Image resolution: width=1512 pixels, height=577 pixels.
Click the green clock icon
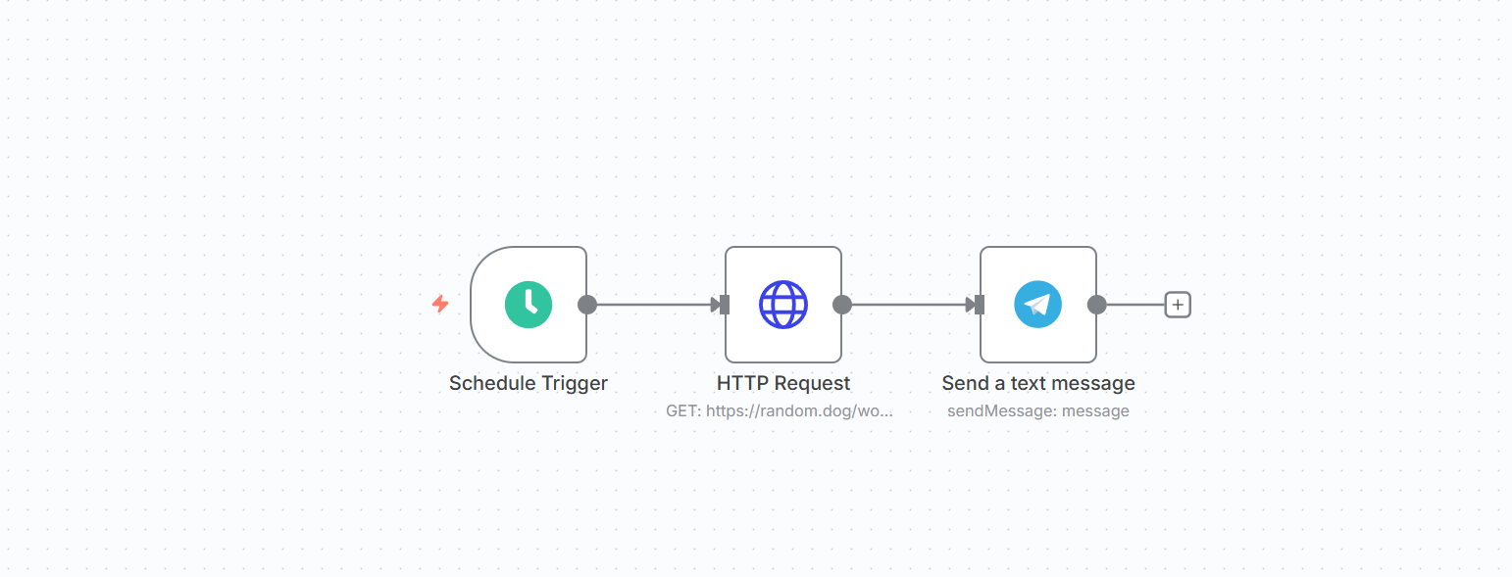pyautogui.click(x=529, y=305)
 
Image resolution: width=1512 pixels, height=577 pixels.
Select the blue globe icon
pyautogui.click(x=783, y=305)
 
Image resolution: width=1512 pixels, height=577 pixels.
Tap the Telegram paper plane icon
pyautogui.click(x=1038, y=305)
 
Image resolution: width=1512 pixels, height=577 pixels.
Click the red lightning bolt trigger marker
pyautogui.click(x=440, y=304)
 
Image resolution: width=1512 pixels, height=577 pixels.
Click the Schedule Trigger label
pyautogui.click(x=529, y=383)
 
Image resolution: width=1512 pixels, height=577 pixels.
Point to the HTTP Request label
pyautogui.click(x=783, y=383)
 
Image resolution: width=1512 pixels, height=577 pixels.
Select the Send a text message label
pyautogui.click(x=1038, y=383)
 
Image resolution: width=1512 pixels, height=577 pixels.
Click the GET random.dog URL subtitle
pyautogui.click(x=779, y=410)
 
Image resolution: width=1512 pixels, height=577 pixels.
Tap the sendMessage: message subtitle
pyautogui.click(x=1038, y=410)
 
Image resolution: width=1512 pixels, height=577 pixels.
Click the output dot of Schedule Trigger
pyautogui.click(x=587, y=305)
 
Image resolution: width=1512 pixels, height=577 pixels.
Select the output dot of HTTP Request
pyautogui.click(x=842, y=305)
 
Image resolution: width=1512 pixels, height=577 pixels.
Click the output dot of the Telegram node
pyautogui.click(x=1097, y=305)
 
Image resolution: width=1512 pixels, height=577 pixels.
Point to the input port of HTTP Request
pyautogui.click(x=725, y=305)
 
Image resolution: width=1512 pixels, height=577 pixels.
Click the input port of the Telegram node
pyautogui.click(x=980, y=305)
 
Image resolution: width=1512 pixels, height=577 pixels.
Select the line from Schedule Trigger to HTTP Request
pyautogui.click(x=654, y=305)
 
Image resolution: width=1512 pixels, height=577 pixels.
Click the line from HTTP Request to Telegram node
pyautogui.click(x=909, y=305)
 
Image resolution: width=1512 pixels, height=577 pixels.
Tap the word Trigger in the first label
pyautogui.click(x=575, y=384)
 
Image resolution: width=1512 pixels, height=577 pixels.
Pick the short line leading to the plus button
pyautogui.click(x=1136, y=305)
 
